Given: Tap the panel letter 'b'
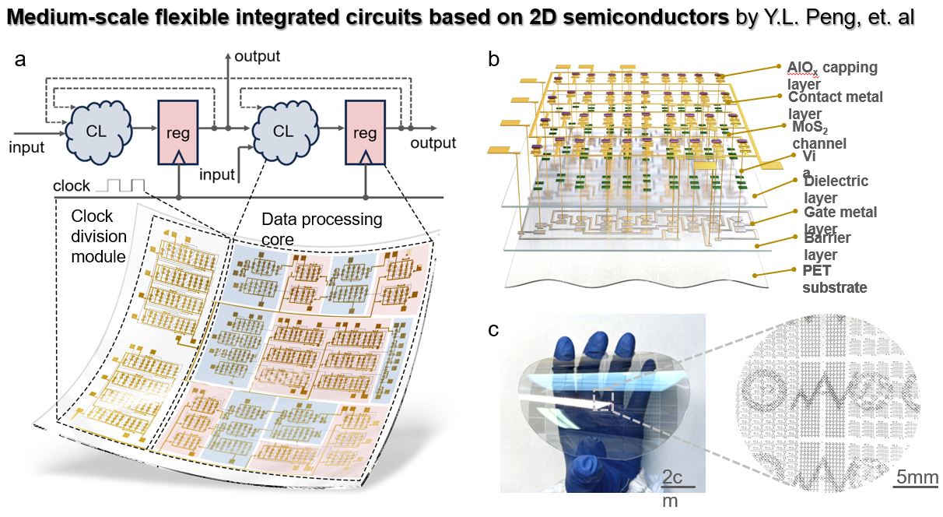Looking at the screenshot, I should coord(493,59).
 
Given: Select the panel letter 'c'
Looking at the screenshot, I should coord(493,330).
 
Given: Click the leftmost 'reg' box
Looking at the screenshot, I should coord(178,132).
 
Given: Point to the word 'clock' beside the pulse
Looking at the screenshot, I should coord(72,187).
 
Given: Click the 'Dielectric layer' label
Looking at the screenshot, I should coord(836,189).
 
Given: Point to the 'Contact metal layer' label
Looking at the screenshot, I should coord(835,105).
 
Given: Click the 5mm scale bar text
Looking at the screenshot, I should coord(916,477).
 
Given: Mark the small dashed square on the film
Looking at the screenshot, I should coord(602,399).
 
